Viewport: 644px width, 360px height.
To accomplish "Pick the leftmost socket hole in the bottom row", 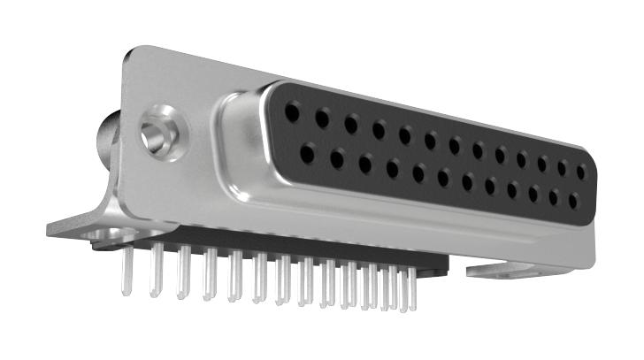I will tap(307, 154).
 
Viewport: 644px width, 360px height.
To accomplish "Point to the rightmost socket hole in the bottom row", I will tap(573, 201).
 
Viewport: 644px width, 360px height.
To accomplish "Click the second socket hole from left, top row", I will tap(323, 118).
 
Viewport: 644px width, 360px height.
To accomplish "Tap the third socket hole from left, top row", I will tap(351, 124).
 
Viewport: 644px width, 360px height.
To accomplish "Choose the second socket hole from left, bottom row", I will tap(337, 159).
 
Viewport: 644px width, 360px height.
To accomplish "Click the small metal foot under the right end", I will tap(500, 268).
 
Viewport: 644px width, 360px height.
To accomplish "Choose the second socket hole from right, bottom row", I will tap(553, 197).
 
